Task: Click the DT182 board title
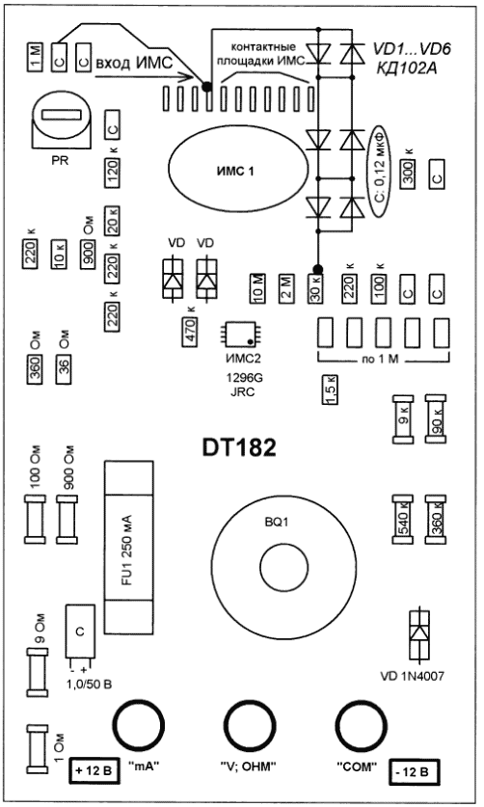pos(238,447)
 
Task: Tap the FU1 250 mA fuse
pos(128,547)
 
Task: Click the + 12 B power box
pos(94,771)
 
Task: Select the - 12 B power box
pos(414,771)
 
